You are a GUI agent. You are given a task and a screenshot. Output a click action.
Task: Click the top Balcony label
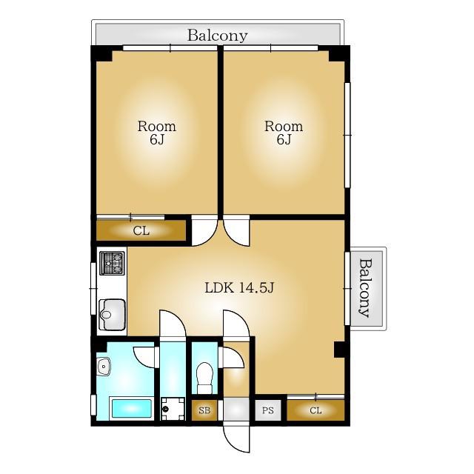click(x=217, y=36)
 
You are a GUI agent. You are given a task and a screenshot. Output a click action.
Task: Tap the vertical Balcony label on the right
click(x=365, y=288)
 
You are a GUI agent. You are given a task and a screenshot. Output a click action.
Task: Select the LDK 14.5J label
click(x=239, y=288)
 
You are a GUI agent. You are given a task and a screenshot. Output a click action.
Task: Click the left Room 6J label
click(x=156, y=133)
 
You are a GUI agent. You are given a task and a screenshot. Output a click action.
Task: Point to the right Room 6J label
click(x=284, y=133)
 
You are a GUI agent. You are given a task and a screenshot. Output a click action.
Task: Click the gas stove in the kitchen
click(x=112, y=263)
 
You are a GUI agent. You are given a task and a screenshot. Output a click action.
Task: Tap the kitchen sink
click(x=112, y=314)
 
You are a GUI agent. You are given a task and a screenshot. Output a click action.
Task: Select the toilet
click(x=204, y=378)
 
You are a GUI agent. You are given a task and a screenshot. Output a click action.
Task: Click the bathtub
click(x=132, y=408)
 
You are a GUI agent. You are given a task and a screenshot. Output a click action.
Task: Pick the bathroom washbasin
click(x=104, y=367)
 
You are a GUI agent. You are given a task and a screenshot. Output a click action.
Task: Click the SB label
click(x=204, y=410)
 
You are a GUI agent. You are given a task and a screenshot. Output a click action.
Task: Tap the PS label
click(x=268, y=410)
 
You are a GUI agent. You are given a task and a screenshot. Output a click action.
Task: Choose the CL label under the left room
click(x=141, y=231)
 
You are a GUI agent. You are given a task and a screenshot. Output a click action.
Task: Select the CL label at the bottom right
click(x=316, y=410)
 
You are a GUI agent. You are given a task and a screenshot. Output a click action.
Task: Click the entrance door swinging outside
click(x=237, y=439)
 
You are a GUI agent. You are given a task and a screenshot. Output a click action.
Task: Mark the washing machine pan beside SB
click(x=173, y=409)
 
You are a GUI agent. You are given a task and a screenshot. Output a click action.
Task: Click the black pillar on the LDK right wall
click(x=339, y=350)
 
